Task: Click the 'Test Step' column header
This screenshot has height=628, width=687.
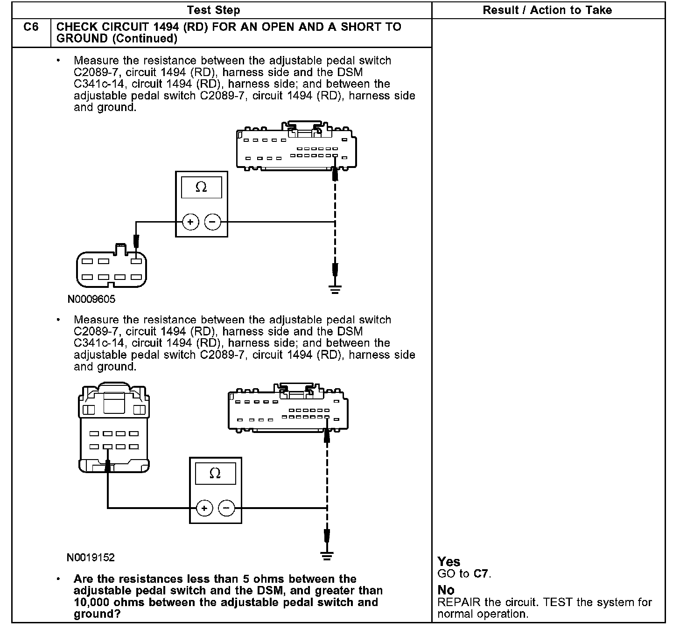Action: pos(213,10)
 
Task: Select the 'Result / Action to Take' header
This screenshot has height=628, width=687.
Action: pos(547,10)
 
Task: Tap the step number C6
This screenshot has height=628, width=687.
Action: pos(31,28)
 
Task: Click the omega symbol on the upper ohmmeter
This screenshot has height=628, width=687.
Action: pos(201,188)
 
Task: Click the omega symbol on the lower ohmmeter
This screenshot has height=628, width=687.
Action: pos(215,474)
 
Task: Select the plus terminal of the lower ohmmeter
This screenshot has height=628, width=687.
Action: pos(204,508)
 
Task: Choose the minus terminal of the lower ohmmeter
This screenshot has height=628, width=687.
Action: pos(227,508)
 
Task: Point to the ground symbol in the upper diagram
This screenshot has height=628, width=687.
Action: pos(335,289)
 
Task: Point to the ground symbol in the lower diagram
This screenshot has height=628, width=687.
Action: pos(327,555)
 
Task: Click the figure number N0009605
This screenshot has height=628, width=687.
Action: pos(91,299)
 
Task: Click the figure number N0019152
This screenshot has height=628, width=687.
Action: pos(91,558)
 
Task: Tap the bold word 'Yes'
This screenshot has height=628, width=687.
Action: pos(449,562)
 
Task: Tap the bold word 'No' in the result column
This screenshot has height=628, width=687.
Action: pos(446,590)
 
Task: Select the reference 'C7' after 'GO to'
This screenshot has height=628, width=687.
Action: pos(481,574)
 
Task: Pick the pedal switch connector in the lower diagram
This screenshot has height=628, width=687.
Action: pos(114,428)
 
